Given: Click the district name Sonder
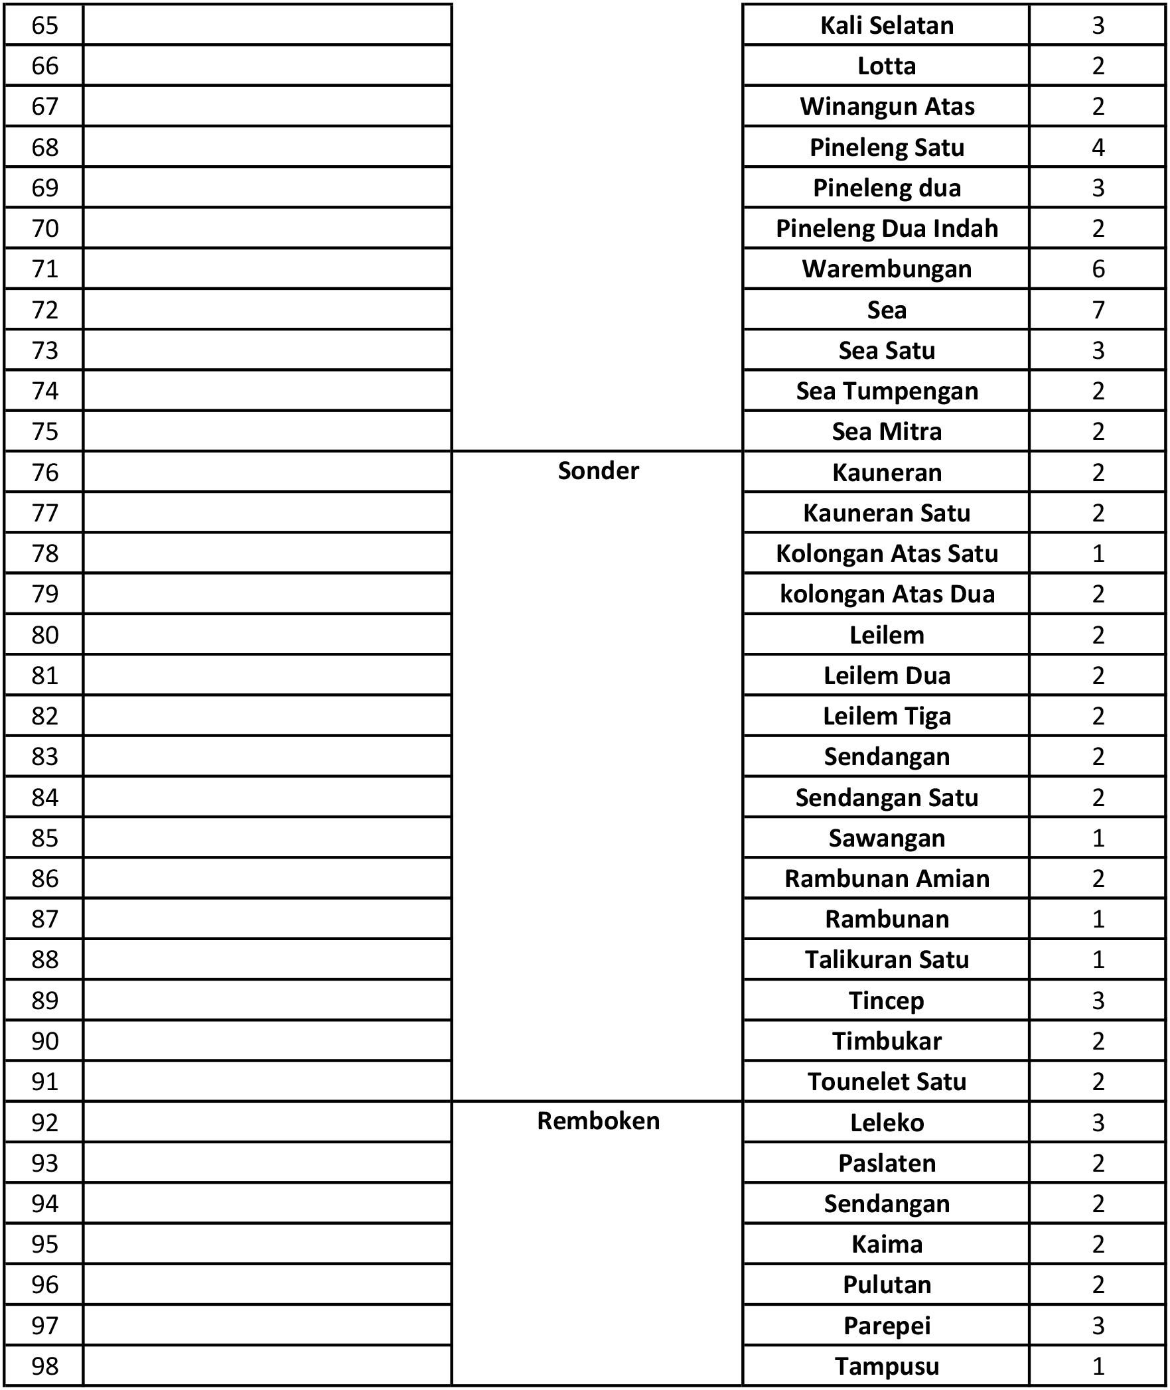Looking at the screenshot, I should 598,471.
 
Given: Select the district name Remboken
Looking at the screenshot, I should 598,1121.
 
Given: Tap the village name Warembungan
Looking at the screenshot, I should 887,269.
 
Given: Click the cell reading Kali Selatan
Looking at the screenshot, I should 887,25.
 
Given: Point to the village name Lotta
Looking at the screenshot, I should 887,66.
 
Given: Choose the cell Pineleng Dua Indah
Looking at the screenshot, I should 887,228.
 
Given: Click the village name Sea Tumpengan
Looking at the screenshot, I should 887,391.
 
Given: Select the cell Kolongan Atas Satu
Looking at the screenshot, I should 887,553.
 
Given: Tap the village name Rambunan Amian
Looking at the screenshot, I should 887,878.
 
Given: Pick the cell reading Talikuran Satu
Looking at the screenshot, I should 887,959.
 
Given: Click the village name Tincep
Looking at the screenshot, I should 887,1001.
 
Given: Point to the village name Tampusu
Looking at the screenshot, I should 887,1366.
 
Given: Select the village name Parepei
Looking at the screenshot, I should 887,1326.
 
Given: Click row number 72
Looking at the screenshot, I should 44,310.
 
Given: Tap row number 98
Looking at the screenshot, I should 44,1366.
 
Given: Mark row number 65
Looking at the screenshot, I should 44,25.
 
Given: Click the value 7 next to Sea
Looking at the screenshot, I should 1098,310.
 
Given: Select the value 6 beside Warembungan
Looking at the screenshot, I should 1098,269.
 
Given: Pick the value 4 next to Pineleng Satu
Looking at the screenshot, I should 1098,147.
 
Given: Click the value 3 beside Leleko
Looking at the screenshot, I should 1098,1123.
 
